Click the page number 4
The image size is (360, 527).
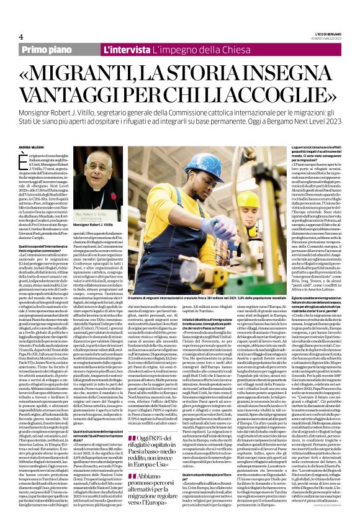tap(12, 36)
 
